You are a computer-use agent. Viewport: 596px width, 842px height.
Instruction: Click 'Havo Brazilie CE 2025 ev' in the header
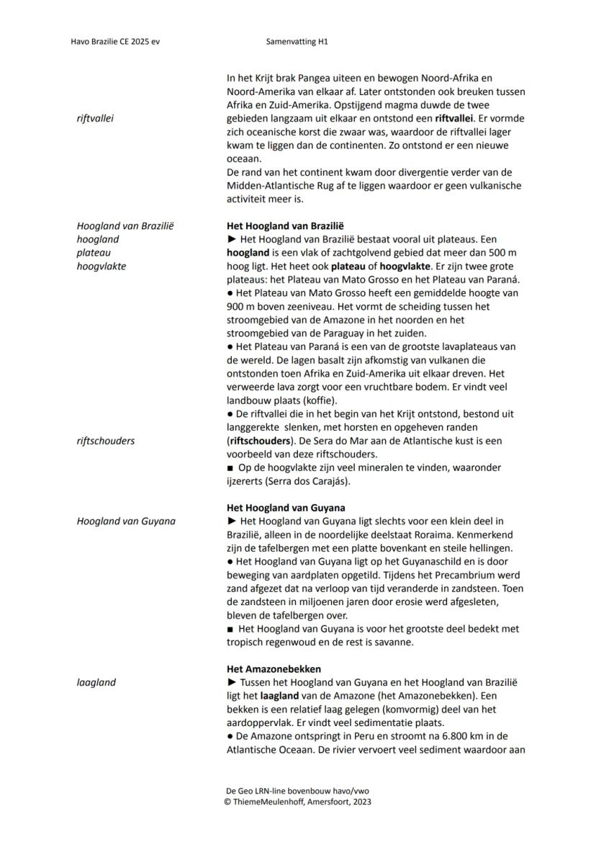pos(115,42)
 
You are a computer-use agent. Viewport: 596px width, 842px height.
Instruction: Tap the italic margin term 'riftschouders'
pos(105,441)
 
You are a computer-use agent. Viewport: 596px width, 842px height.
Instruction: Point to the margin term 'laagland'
pos(96,682)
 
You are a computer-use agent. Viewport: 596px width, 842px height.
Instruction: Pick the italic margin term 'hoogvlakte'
pos(101,266)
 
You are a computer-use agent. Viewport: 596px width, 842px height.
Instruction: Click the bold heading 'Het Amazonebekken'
pos(274,668)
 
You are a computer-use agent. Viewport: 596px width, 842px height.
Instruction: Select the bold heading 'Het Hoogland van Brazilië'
pos(285,225)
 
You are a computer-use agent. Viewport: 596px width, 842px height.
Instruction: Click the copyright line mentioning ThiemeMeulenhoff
pos(298,801)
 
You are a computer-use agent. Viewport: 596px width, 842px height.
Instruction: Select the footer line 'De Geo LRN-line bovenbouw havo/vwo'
pos(298,791)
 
